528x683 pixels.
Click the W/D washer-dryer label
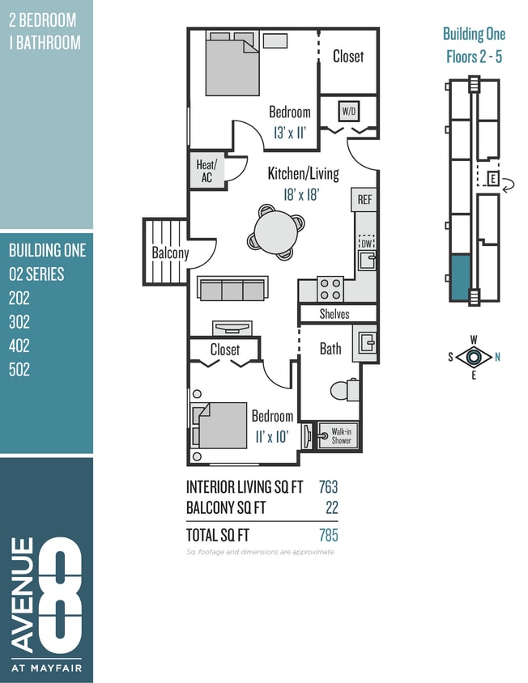tap(348, 110)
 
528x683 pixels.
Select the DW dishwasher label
tap(365, 242)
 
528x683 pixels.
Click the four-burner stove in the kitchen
tap(330, 288)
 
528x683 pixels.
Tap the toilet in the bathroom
tap(345, 389)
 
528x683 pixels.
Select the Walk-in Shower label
tap(341, 436)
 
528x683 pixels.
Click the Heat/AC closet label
tap(206, 171)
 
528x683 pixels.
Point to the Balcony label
tap(170, 252)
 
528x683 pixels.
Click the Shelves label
tap(334, 313)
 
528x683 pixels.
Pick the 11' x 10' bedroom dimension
tap(272, 437)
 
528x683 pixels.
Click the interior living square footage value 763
tap(328, 486)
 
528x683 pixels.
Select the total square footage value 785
tap(328, 535)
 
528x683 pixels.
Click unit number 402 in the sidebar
tap(19, 346)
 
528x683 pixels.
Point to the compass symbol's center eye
tap(474, 356)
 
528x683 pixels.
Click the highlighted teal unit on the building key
tap(460, 278)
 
